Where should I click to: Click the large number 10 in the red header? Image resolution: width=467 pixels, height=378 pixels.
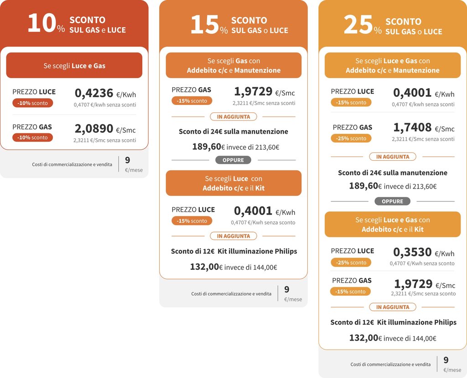click(41, 24)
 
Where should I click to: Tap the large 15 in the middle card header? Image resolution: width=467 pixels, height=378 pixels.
click(204, 25)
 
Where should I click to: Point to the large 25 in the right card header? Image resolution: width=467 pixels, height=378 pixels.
click(358, 25)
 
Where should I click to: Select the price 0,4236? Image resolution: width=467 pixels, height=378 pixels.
click(93, 93)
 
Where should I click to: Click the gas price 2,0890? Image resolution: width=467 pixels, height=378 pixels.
click(93, 129)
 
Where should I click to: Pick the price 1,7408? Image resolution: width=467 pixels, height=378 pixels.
click(412, 128)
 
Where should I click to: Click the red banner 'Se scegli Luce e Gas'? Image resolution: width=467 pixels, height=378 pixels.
click(74, 65)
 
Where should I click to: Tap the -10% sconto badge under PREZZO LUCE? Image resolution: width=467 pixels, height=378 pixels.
click(32, 103)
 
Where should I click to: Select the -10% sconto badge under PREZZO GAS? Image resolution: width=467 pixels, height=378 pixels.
click(32, 137)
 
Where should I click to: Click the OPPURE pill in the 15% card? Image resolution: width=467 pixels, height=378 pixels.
click(233, 160)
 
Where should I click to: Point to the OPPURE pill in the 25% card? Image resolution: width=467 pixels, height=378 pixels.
click(392, 201)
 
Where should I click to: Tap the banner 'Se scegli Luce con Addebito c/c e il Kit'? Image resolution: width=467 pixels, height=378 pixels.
click(233, 183)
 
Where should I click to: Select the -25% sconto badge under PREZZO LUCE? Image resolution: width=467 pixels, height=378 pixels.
click(351, 262)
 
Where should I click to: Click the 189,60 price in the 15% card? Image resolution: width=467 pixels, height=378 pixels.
click(207, 147)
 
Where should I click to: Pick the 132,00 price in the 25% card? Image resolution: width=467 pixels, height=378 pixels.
click(363, 338)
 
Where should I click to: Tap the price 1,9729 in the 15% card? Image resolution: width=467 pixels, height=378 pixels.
click(253, 92)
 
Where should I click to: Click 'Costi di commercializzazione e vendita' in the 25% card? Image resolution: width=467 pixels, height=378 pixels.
click(390, 364)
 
